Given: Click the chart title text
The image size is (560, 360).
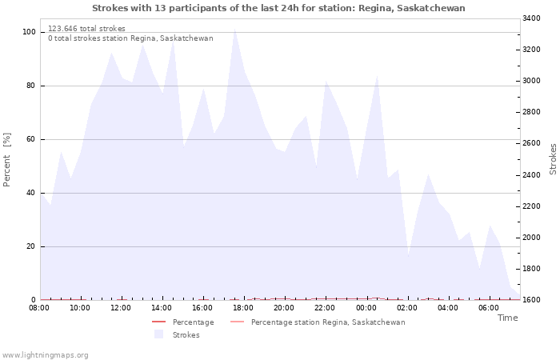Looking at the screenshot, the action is (278, 8).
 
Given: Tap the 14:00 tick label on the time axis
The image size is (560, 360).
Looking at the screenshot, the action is (162, 308).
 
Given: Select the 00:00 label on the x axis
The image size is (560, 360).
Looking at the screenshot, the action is (366, 308).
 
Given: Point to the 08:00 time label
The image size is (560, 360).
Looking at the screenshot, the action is (39, 308).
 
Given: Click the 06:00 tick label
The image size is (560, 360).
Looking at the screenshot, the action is (489, 308).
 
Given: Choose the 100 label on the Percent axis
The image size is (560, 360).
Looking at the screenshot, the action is (30, 32).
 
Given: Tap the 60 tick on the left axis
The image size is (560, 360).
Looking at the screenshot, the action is (31, 139).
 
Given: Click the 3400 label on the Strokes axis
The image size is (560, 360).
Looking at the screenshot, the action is (531, 18).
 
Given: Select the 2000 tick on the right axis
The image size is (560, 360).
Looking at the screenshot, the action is (531, 238).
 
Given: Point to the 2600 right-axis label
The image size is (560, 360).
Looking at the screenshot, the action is (531, 143).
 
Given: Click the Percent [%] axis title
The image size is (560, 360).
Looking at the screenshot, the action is (6, 160).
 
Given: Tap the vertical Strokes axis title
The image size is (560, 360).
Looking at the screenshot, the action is (553, 159).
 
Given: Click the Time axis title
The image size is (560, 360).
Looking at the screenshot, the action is (507, 318).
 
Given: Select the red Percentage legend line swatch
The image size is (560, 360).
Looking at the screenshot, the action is (159, 322).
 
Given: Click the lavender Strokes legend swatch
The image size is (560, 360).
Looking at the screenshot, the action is (159, 334).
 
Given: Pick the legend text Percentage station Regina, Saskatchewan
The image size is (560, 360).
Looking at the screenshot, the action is (328, 322).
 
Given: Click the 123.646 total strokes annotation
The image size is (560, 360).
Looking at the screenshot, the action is (86, 29).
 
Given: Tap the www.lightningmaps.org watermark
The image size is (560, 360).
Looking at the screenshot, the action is (44, 355).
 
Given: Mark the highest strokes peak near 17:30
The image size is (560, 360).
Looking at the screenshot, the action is (234, 29).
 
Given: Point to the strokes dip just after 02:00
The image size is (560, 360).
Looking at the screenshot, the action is (408, 256).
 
